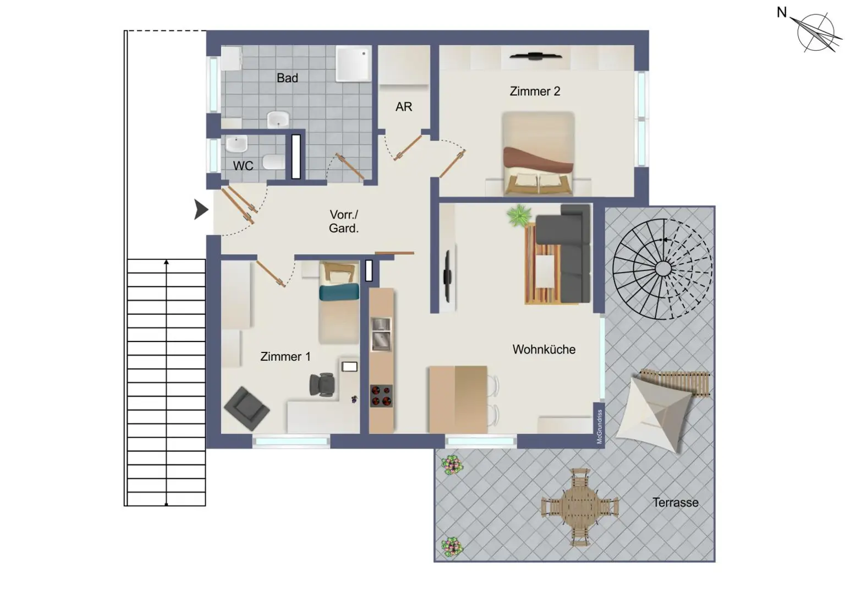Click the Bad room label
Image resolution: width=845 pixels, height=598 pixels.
tap(287, 78)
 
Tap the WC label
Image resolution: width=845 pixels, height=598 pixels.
tap(243, 166)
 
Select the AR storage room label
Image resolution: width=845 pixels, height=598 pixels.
tap(403, 107)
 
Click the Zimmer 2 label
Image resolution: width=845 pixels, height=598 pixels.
tap(535, 91)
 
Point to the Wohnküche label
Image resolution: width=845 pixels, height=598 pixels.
tap(544, 350)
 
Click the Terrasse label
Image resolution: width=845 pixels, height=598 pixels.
tap(675, 503)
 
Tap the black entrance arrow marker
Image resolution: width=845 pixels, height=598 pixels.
tap(201, 210)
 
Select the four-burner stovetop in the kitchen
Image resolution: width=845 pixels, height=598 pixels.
tap(381, 395)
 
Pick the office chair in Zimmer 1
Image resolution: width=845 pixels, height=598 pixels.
tap(322, 384)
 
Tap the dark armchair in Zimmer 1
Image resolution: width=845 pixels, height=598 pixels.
tap(246, 408)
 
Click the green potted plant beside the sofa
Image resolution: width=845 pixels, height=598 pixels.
tap(519, 215)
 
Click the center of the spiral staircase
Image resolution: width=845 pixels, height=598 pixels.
tap(663, 269)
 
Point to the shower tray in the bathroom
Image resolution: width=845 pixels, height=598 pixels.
tap(353, 63)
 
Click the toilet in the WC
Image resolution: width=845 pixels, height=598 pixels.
tap(273, 162)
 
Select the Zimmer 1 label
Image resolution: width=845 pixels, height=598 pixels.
tap(285, 357)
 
